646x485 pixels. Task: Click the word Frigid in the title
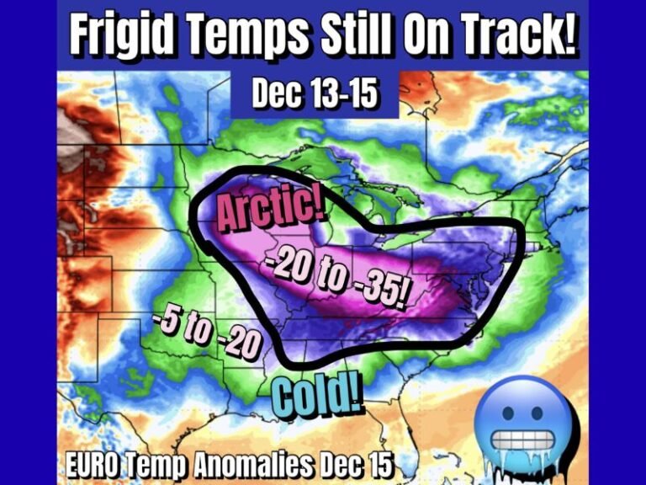(x=120, y=35)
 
